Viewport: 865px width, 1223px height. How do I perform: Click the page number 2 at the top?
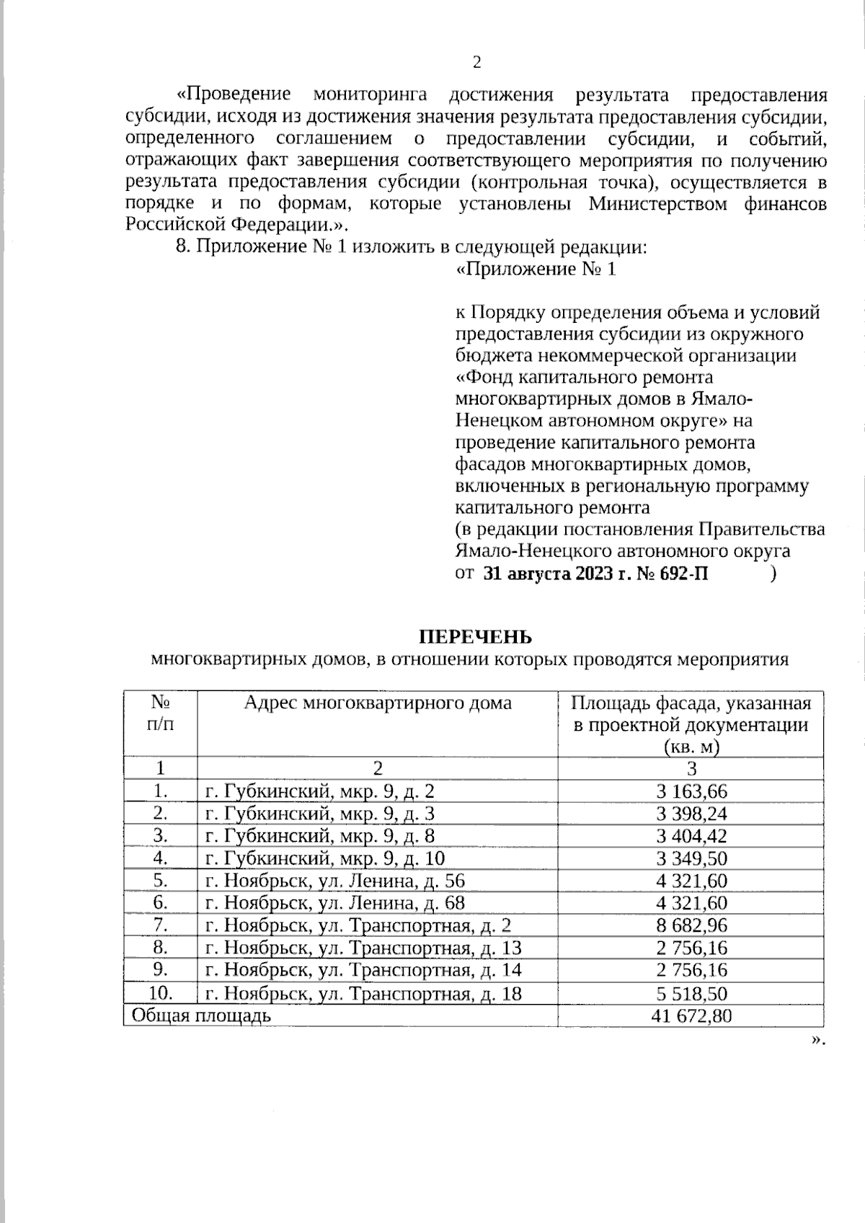476,62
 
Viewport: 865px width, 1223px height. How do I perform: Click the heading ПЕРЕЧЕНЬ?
476,637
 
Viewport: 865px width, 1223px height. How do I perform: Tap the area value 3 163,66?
691,791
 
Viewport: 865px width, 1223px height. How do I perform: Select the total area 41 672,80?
691,1016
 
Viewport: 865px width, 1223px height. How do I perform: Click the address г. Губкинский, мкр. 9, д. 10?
325,858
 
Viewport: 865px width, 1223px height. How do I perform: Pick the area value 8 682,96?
691,925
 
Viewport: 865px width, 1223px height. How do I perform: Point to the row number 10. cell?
160,993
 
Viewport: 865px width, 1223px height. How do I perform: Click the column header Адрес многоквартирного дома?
378,703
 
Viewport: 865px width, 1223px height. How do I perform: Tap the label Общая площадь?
201,1016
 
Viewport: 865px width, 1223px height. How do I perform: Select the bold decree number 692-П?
681,574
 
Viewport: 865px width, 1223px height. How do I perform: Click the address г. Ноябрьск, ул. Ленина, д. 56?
335,881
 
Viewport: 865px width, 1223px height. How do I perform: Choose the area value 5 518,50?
691,994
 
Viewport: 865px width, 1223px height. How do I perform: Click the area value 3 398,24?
691,814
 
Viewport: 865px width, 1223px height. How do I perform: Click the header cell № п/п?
160,713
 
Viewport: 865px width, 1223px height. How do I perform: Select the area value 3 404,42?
691,836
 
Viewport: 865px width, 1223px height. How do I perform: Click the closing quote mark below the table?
817,1040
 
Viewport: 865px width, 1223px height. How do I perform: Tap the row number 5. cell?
160,881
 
